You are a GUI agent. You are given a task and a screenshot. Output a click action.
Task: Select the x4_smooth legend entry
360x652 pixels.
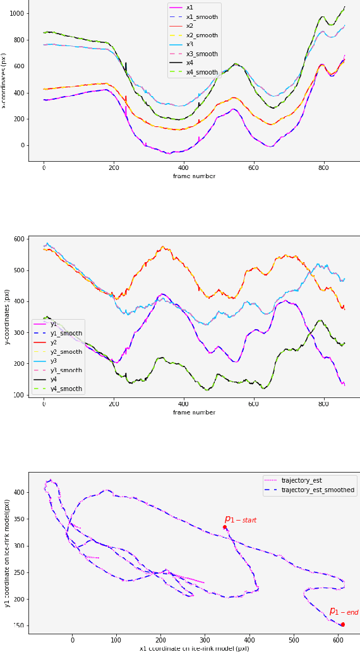201,72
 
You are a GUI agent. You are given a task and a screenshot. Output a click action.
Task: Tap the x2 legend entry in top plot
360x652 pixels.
189,26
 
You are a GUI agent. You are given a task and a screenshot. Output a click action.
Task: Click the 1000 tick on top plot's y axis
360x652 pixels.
16,13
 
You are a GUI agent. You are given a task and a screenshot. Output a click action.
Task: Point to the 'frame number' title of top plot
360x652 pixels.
194,176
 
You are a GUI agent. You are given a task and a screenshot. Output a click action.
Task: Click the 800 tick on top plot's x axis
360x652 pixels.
323,167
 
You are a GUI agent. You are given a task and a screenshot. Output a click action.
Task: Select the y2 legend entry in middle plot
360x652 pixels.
54,342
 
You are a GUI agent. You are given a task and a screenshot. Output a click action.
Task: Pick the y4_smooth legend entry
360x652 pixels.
66,389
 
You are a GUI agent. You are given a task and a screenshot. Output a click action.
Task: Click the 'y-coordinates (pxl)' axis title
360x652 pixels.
8,317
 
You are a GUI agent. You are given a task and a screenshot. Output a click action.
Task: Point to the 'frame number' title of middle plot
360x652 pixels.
194,413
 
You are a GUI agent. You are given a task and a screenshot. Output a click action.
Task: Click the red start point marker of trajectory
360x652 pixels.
224,527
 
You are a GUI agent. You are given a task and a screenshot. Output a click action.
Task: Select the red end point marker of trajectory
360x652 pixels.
342,624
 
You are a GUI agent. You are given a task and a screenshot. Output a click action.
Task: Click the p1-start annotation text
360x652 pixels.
241,519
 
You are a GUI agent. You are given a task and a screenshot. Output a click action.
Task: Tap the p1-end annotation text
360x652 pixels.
344,612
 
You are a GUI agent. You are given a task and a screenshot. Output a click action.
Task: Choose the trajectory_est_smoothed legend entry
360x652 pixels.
318,490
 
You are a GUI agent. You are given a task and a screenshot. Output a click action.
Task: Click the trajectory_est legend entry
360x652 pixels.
301,480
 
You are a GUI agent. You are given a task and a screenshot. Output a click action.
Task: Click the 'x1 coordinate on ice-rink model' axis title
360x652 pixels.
194,648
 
